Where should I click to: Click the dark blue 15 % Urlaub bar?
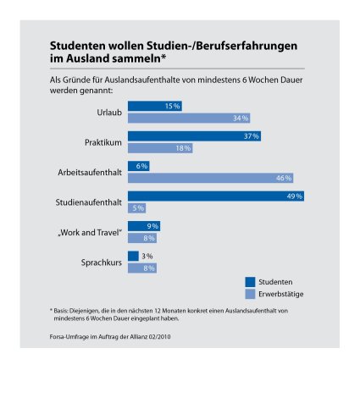pyautogui.click(x=155, y=106)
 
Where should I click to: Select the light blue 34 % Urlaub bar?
pyautogui.click(x=189, y=118)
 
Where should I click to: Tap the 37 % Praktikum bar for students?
pyautogui.click(x=194, y=136)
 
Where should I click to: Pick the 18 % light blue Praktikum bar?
pyautogui.click(x=160, y=148)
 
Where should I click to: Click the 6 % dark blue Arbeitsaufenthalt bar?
pyautogui.click(x=139, y=166)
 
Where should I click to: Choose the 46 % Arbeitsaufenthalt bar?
pyautogui.click(x=210, y=178)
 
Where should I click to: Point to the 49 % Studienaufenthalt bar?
pyautogui.click(x=216, y=196)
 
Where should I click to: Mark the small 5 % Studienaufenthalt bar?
pyautogui.click(x=136, y=208)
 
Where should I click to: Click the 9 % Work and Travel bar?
pyautogui.click(x=144, y=226)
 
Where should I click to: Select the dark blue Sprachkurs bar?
pyautogui.click(x=133, y=256)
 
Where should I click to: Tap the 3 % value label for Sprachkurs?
pyautogui.click(x=147, y=256)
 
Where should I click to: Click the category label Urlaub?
pyautogui.click(x=109, y=113)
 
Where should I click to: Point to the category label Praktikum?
pyautogui.click(x=103, y=142)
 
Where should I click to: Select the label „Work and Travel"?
pyautogui.click(x=90, y=233)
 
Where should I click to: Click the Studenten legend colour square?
pyautogui.click(x=250, y=282)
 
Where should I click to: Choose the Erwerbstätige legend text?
pyautogui.click(x=281, y=294)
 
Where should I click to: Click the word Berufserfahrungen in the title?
pyautogui.click(x=246, y=46)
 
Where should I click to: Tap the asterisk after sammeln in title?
pyautogui.click(x=163, y=58)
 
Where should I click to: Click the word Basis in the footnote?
pyautogui.click(x=60, y=311)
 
